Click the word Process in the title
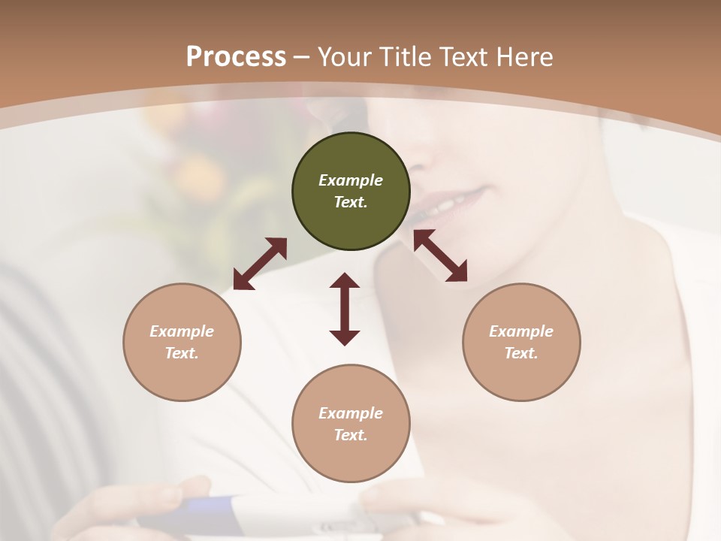coord(236,56)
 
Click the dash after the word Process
coord(302,58)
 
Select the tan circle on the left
coord(182,342)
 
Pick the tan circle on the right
coord(521,342)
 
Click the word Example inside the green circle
coord(351,180)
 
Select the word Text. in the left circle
coord(182,353)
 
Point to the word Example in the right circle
coord(521,331)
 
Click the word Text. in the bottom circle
coord(351,435)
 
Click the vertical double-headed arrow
coord(345,309)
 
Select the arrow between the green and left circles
coord(260,264)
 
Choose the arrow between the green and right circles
coord(440,255)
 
